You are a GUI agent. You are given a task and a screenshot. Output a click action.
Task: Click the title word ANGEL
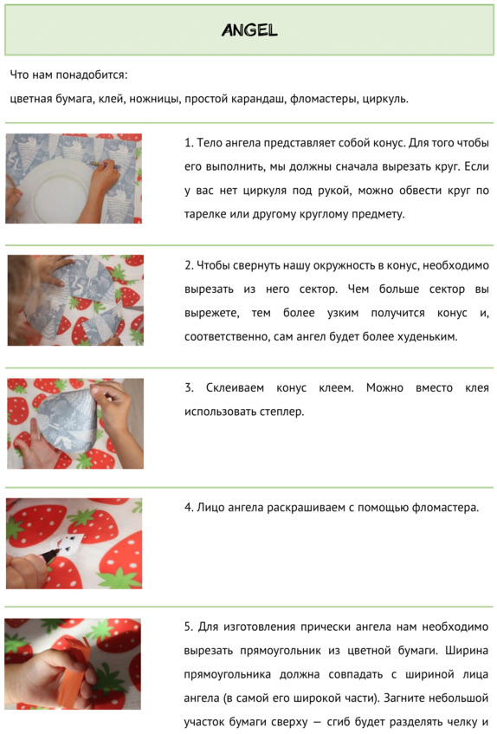249,30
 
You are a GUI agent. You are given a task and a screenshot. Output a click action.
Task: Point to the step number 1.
189,143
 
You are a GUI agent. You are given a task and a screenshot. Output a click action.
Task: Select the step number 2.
189,265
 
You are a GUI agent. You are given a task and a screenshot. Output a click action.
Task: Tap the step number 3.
189,388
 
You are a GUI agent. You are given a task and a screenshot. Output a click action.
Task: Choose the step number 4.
189,508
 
